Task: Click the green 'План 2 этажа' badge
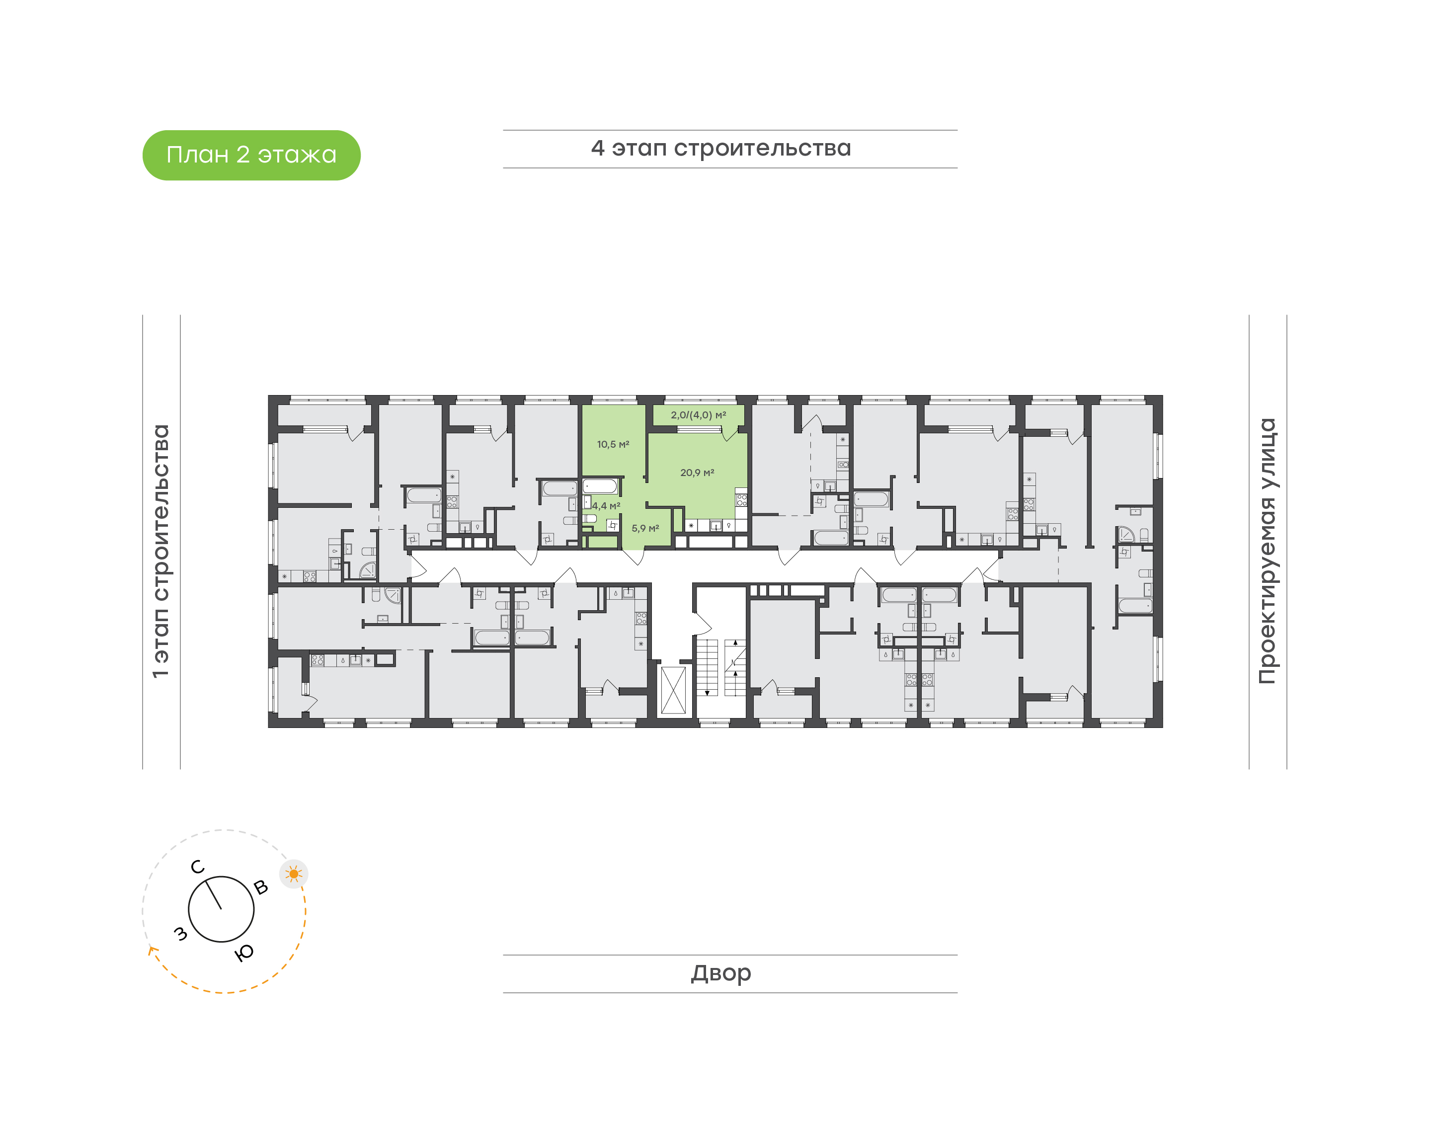[x=251, y=155]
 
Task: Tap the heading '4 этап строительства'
[x=720, y=149]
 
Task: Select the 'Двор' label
[x=720, y=972]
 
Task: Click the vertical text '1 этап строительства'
[x=161, y=551]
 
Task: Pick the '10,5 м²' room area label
[x=613, y=444]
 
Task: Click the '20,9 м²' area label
[x=697, y=473]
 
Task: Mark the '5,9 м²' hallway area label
[x=645, y=529]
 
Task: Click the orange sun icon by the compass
[x=294, y=874]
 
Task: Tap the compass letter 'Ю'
[x=244, y=953]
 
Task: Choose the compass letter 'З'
[x=180, y=933]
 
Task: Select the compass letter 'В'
[x=261, y=887]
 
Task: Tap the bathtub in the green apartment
[x=600, y=486]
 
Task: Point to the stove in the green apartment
[x=741, y=500]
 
